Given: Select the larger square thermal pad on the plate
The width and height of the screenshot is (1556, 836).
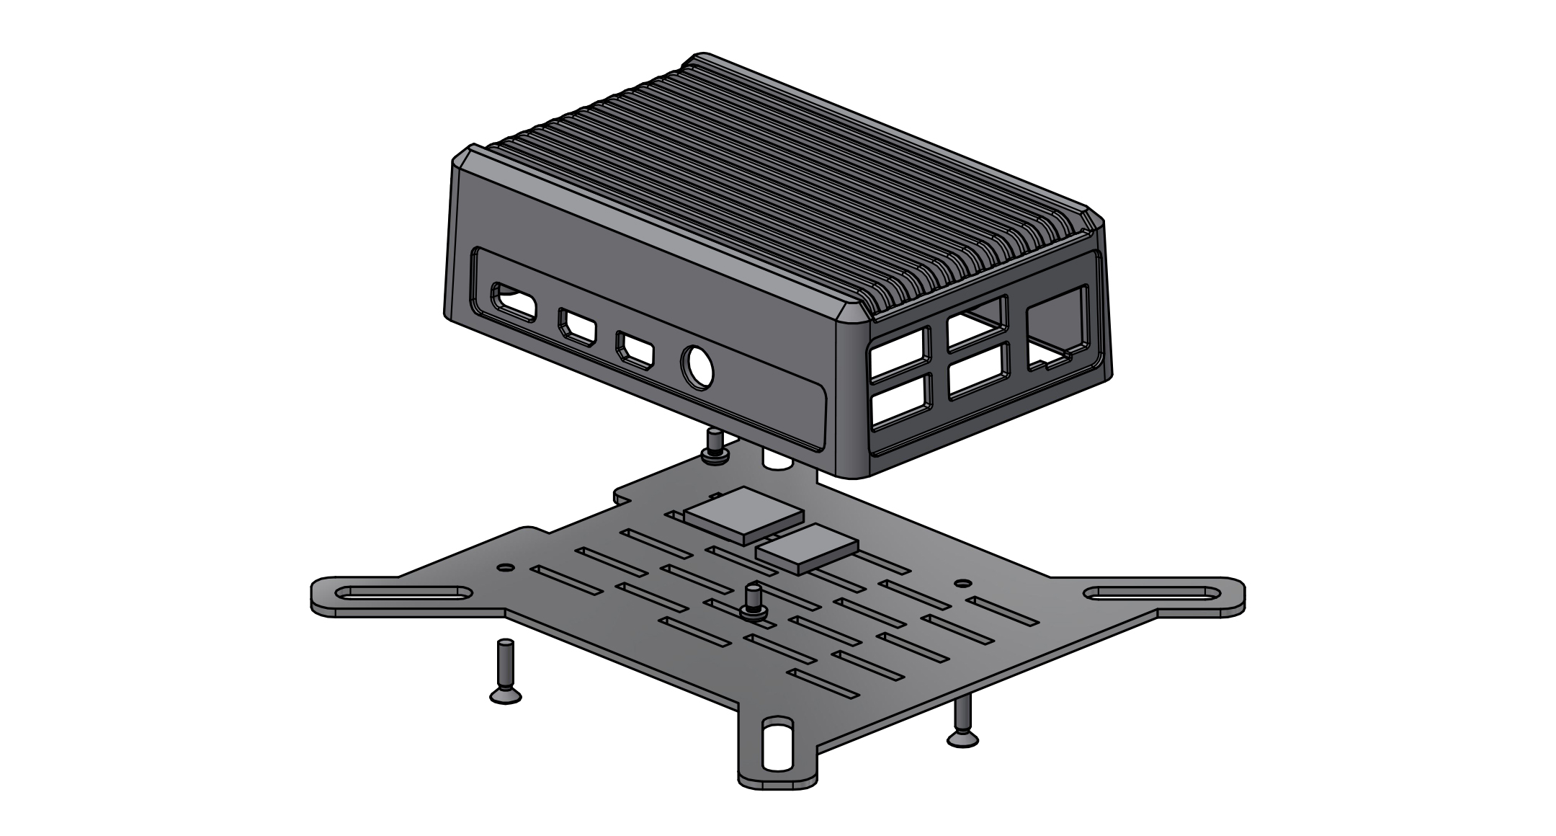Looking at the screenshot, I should point(743,514).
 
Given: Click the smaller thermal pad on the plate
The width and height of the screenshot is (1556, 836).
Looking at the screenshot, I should point(807,548).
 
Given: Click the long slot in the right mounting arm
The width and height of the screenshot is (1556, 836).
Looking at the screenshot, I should point(1151,594).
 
